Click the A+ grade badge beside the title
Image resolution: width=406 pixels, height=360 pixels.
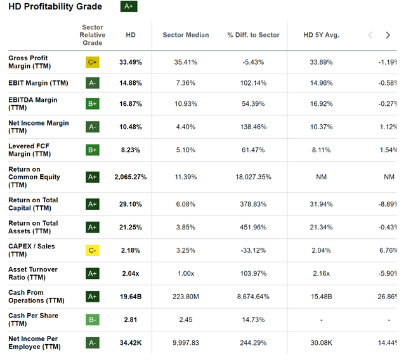click(129, 7)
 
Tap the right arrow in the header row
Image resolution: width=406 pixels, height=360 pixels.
click(388, 35)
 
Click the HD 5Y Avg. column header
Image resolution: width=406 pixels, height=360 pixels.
click(322, 35)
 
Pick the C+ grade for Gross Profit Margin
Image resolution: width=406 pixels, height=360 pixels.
click(93, 62)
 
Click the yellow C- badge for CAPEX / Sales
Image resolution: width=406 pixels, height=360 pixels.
click(93, 250)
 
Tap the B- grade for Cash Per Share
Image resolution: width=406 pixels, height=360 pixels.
click(93, 320)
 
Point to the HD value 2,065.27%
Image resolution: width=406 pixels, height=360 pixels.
click(131, 177)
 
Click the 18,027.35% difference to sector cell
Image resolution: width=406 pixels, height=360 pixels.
click(253, 177)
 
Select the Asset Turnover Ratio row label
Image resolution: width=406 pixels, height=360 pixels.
click(33, 273)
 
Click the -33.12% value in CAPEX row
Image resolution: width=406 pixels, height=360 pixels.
click(253, 250)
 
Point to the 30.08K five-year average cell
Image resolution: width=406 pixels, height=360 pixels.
click(322, 343)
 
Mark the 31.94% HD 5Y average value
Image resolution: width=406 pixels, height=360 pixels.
click(322, 204)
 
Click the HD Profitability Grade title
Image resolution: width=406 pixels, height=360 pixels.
click(55, 7)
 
